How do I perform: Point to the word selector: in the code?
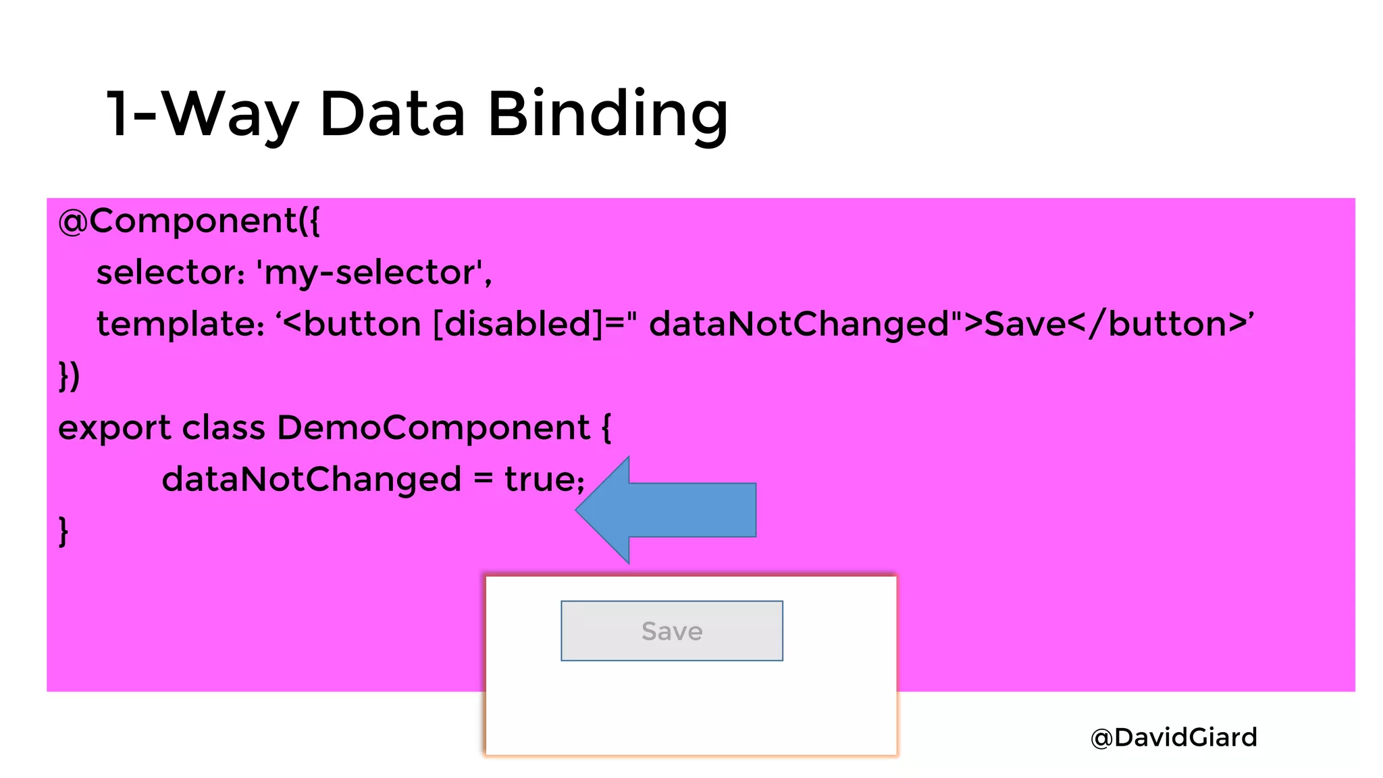(170, 273)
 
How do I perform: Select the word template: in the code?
(180, 324)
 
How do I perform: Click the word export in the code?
(115, 428)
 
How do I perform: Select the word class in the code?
(224, 428)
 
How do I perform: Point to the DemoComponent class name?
(434, 428)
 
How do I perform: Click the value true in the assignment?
(540, 479)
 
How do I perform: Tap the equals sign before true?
(483, 479)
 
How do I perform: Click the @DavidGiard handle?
(1174, 737)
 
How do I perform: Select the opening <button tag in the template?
(352, 324)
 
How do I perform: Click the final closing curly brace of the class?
(63, 531)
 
